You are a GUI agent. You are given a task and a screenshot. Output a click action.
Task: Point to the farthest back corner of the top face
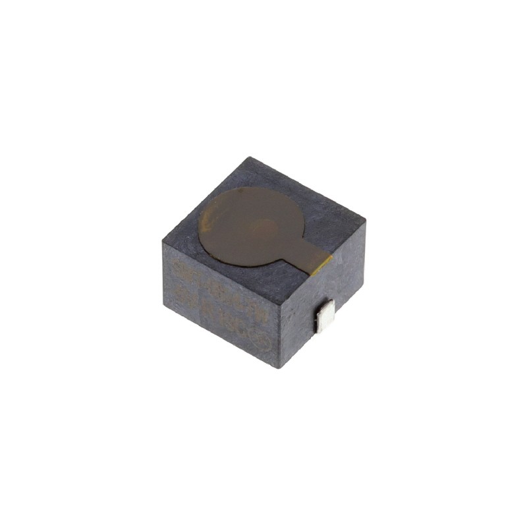(x=248, y=157)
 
